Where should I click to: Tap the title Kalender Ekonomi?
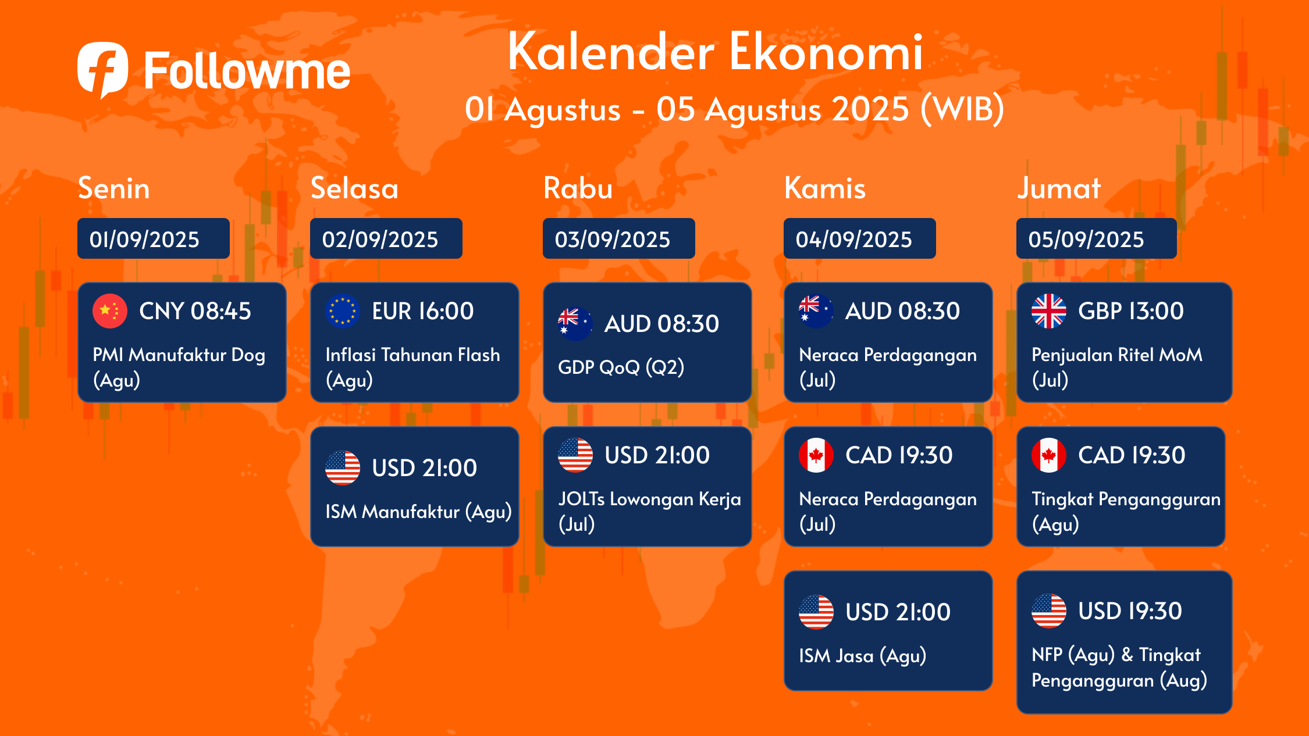[715, 52]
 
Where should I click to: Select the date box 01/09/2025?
[154, 238]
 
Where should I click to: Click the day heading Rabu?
[578, 188]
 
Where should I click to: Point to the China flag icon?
[110, 311]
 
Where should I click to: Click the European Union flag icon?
[343, 311]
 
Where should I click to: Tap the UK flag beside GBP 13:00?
[1049, 311]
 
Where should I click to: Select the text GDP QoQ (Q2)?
[621, 367]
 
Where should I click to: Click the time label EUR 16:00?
[423, 311]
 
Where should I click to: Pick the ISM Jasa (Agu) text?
[862, 656]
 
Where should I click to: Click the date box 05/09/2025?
[1097, 238]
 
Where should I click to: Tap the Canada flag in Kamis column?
[816, 455]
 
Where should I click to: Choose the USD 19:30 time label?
[1130, 611]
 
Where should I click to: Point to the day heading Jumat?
[1059, 188]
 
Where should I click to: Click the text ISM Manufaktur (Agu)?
[418, 512]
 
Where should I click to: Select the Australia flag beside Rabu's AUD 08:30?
[575, 324]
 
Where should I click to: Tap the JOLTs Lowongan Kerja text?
[649, 499]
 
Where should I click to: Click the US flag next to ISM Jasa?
[816, 612]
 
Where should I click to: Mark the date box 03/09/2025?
[619, 238]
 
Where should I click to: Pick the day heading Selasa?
[354, 188]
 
